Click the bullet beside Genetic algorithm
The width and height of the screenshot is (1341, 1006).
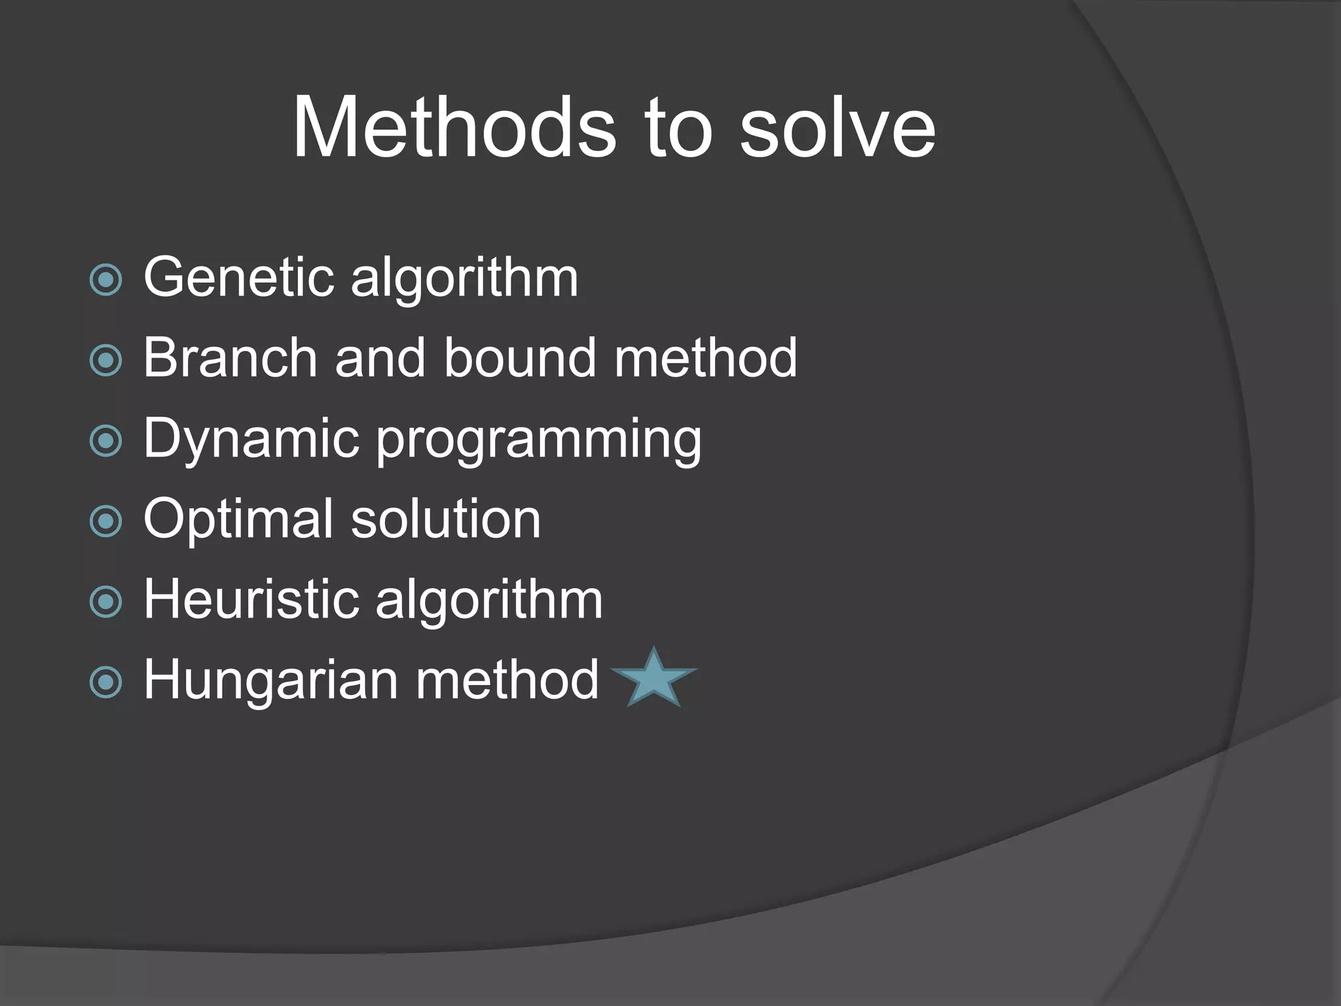click(105, 280)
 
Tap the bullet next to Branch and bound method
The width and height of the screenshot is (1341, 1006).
click(105, 360)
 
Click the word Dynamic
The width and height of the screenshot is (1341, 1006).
click(251, 439)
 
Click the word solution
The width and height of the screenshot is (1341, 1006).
click(445, 519)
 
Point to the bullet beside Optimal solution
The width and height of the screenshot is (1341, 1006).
click(105, 521)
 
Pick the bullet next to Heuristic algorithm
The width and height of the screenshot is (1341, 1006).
click(105, 602)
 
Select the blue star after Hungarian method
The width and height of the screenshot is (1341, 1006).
click(653, 680)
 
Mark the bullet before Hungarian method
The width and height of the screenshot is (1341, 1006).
click(105, 682)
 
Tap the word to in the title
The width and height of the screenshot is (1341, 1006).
click(677, 127)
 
